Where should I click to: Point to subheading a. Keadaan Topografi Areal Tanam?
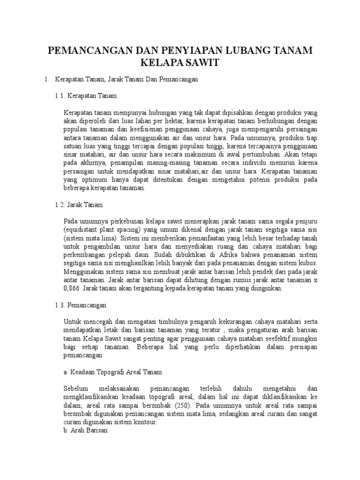112,372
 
